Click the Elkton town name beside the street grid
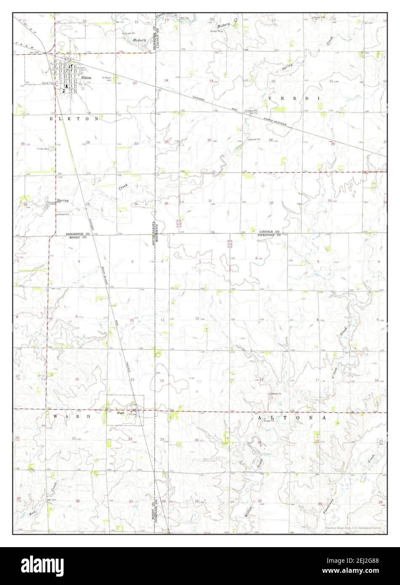point(86,77)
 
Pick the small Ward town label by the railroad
point(120,413)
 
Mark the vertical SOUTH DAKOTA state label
point(154,223)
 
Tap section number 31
point(210,201)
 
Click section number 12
point(197,318)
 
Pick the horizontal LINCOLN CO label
point(269,232)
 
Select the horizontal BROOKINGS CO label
point(78,234)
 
